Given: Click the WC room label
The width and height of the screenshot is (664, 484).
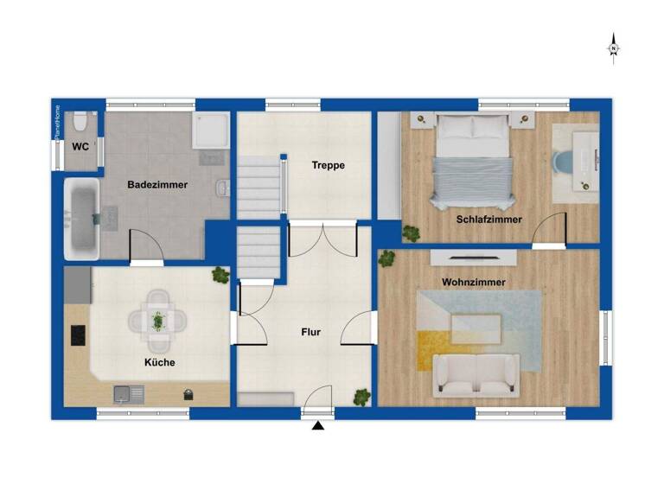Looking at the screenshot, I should pyautogui.click(x=80, y=147).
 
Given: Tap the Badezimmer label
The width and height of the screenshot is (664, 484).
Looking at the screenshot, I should pyautogui.click(x=157, y=185).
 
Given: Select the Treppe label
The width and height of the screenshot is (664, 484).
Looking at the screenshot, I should pyautogui.click(x=329, y=165).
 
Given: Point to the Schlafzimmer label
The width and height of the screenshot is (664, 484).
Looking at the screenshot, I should pyautogui.click(x=489, y=220).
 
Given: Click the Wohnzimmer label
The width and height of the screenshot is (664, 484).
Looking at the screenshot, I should pyautogui.click(x=474, y=283).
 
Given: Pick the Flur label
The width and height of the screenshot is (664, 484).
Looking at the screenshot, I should pyautogui.click(x=311, y=331).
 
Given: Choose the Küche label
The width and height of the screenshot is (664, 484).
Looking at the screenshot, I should pyautogui.click(x=159, y=362).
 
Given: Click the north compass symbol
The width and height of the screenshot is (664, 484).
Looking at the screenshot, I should pyautogui.click(x=613, y=48).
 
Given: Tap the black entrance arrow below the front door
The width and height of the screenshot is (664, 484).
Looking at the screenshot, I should pyautogui.click(x=318, y=425).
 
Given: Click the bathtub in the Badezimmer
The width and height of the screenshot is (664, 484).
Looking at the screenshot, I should pyautogui.click(x=83, y=220).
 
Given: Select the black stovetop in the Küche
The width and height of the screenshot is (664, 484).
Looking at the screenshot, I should pyautogui.click(x=77, y=335).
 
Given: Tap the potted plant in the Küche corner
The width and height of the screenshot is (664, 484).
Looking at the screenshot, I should pyautogui.click(x=220, y=275).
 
